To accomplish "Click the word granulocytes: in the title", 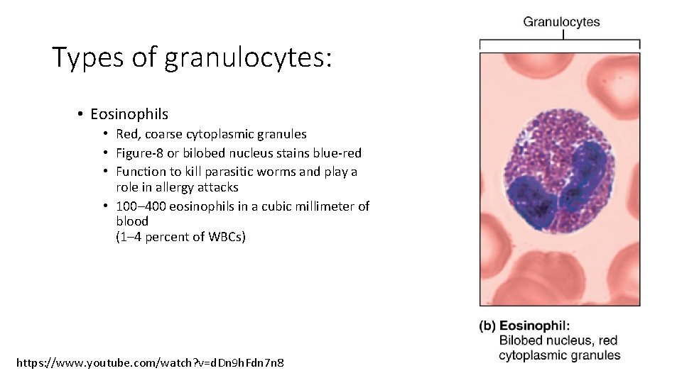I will point(248,59).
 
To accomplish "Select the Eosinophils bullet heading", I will point(129,113).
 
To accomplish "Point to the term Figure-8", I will point(140,153).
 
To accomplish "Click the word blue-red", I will point(337,153).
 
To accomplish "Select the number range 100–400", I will point(140,206).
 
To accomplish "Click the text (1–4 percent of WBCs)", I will point(180,237).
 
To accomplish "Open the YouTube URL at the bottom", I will point(150,362).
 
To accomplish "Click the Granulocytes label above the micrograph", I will point(561,22).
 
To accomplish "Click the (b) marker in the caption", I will point(487,326).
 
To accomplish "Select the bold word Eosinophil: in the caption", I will point(534,326).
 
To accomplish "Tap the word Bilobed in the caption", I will point(522,340).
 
